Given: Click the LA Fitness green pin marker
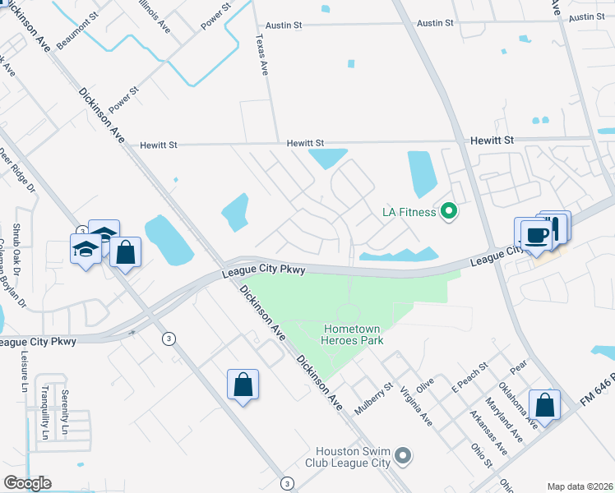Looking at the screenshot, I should click(x=448, y=212).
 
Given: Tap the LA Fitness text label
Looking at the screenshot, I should click(x=409, y=212).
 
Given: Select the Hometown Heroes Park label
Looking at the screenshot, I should click(x=352, y=334).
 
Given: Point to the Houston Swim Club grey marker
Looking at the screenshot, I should click(x=402, y=454).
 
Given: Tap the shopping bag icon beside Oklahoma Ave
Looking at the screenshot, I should click(x=544, y=405).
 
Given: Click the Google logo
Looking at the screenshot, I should click(x=27, y=483).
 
